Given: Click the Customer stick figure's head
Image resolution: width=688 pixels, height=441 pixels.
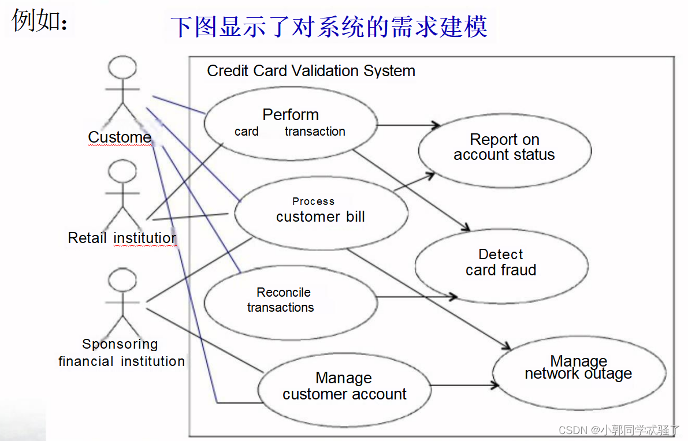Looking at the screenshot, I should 122,69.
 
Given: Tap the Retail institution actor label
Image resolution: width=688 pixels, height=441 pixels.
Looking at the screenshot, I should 122,238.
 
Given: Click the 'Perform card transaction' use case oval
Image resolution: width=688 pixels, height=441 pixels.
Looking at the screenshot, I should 291,122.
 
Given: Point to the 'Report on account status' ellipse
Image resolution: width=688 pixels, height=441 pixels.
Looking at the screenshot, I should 504,147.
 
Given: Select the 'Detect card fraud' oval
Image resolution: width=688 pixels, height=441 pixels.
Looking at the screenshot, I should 501,263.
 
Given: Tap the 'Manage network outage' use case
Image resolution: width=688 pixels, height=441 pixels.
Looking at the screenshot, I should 578,368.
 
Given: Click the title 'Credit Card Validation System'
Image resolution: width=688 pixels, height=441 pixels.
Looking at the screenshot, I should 311,71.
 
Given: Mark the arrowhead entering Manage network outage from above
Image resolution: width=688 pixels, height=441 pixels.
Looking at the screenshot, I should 507,346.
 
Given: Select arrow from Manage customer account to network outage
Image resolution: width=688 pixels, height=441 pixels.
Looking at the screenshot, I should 462,385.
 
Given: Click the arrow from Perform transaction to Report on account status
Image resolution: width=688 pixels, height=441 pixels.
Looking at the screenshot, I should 407,125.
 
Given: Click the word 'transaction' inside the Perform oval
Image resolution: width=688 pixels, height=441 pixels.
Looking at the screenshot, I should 315,132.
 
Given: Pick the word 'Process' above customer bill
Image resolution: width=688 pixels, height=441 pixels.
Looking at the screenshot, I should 313,201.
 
